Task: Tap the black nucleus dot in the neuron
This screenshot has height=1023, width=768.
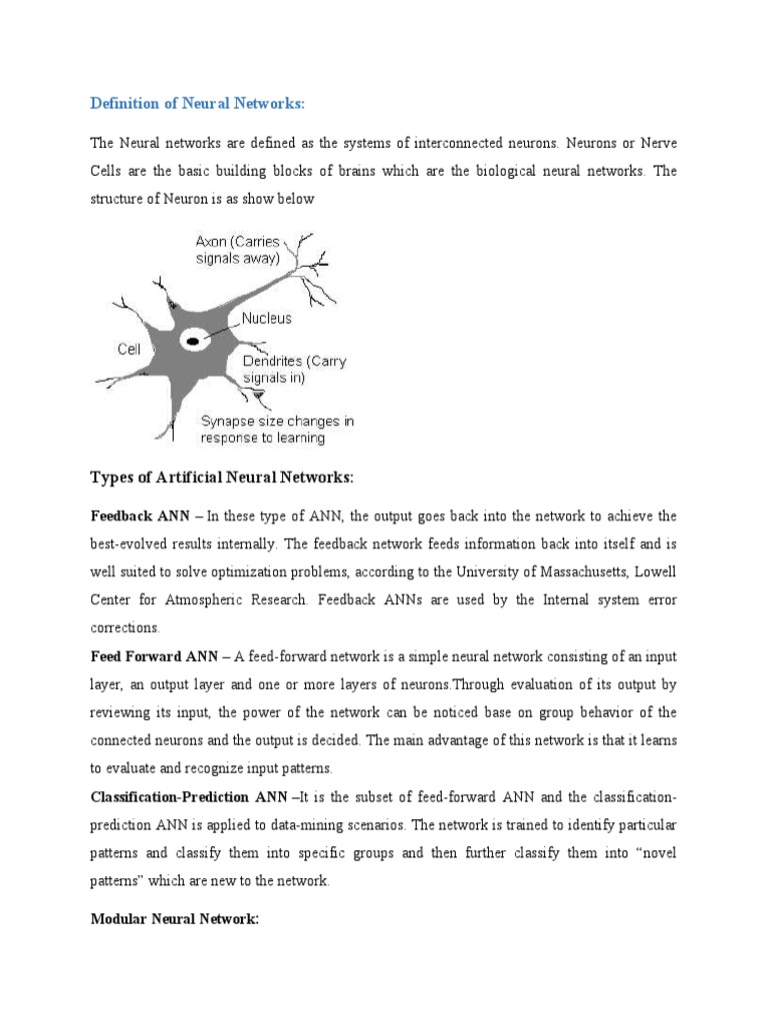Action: click(192, 342)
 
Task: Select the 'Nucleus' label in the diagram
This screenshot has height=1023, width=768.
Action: click(266, 319)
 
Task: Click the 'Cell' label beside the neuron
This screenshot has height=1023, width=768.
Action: click(129, 349)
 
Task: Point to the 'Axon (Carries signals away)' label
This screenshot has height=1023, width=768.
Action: click(237, 250)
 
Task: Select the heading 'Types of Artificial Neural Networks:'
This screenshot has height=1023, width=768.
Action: click(222, 478)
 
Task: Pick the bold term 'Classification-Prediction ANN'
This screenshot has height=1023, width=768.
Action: click(192, 797)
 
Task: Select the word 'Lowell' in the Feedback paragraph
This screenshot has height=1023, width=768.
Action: click(653, 572)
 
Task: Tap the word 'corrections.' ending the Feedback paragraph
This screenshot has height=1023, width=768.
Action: click(125, 628)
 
